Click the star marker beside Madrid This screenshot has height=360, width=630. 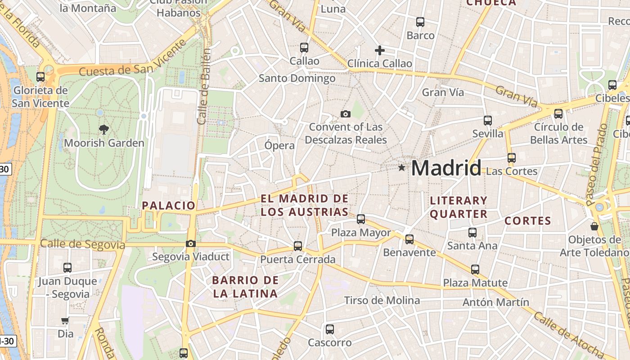pyautogui.click(x=401, y=168)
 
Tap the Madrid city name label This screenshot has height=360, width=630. pyautogui.click(x=446, y=168)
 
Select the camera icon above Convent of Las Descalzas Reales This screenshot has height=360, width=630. pyautogui.click(x=346, y=114)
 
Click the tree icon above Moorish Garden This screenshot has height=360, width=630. pyautogui.click(x=104, y=130)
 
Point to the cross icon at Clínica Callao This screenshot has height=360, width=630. pyautogui.click(x=380, y=50)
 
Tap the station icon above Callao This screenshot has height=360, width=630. pyautogui.click(x=304, y=48)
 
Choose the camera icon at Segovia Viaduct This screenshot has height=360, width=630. pyautogui.click(x=191, y=244)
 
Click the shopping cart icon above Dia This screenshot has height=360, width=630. pyautogui.click(x=65, y=321)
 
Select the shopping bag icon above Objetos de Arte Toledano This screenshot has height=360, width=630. pyautogui.click(x=594, y=226)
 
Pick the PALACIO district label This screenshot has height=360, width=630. pyautogui.click(x=169, y=206)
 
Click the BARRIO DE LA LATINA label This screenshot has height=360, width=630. pyautogui.click(x=245, y=287)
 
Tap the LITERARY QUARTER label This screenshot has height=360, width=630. pyautogui.click(x=459, y=207)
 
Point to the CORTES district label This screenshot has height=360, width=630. pyautogui.click(x=527, y=221)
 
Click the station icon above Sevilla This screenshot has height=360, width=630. pyautogui.click(x=488, y=121)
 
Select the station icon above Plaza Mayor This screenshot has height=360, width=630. pyautogui.click(x=361, y=219)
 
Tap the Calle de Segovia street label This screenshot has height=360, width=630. pyautogui.click(x=82, y=244)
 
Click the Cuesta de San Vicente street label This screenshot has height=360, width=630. pyautogui.click(x=133, y=60)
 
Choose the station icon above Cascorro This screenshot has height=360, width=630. pyautogui.click(x=330, y=329)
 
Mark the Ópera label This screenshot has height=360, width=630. pyautogui.click(x=279, y=145)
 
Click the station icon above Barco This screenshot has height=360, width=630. pyautogui.click(x=420, y=22)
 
